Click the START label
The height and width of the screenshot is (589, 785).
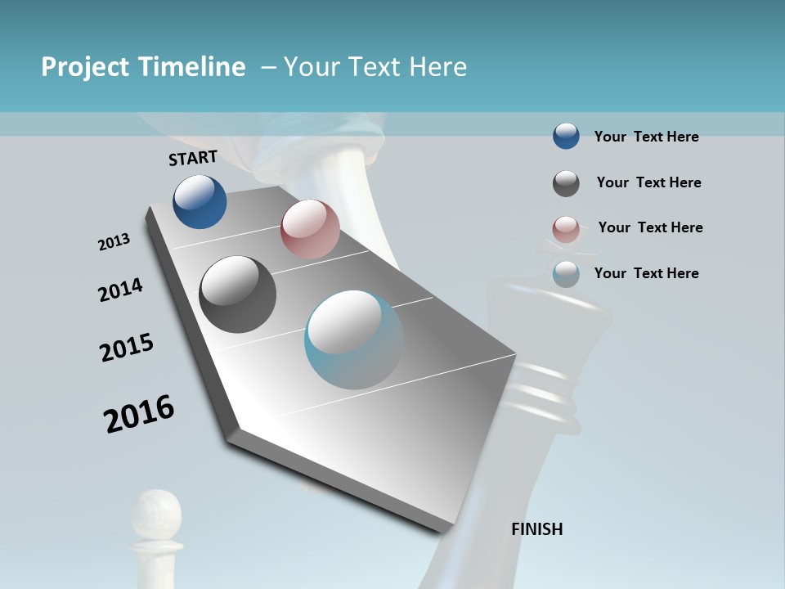[x=193, y=158]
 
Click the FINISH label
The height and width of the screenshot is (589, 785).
[x=536, y=529]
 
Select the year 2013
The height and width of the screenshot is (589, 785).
[x=114, y=242]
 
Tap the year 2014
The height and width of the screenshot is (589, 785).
[x=120, y=290]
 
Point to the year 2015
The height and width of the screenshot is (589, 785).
[x=127, y=348]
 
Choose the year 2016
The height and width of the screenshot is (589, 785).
[x=139, y=414]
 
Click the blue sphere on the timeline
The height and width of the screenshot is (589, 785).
[x=200, y=201]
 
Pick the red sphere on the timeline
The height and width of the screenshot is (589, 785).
[x=310, y=229]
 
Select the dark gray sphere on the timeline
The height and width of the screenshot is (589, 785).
[x=237, y=294]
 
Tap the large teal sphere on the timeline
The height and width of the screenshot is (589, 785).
[x=354, y=339]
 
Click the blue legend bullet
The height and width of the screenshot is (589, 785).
[x=566, y=137]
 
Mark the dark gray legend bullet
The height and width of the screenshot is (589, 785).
[x=566, y=183]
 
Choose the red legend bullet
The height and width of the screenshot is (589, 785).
[x=566, y=229]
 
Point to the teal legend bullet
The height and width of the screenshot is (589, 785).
[x=566, y=274]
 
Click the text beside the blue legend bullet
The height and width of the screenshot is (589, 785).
[x=646, y=137]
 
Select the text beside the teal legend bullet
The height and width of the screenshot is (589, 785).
[x=646, y=273]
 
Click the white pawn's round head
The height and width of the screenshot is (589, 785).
[x=157, y=510]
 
